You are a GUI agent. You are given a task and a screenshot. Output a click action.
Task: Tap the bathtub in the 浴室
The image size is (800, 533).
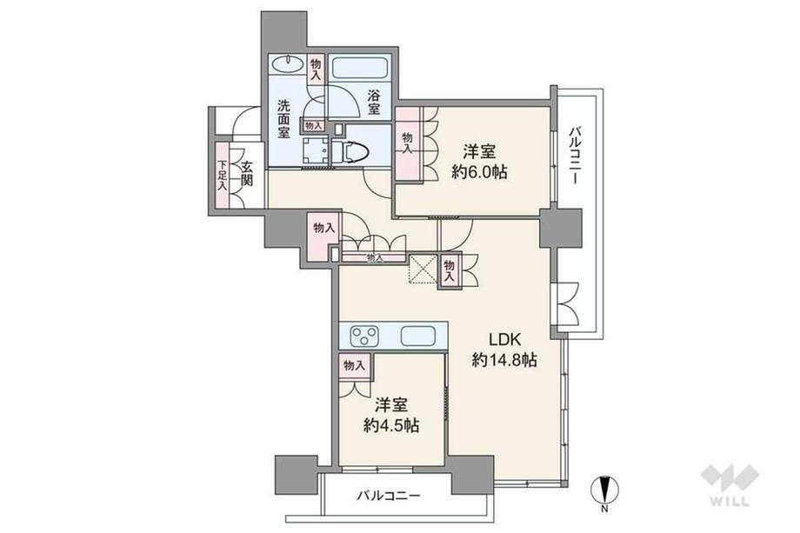tap(360, 67)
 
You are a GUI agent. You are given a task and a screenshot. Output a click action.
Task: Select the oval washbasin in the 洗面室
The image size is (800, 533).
tap(287, 64)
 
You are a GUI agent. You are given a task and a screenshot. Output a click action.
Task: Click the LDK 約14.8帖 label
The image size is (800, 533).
tap(504, 350)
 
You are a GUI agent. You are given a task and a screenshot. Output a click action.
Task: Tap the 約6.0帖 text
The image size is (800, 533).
tap(479, 172)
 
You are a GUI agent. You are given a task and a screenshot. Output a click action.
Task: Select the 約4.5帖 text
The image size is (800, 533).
tap(391, 425)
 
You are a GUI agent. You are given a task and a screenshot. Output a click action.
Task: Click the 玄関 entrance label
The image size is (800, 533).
tap(247, 174)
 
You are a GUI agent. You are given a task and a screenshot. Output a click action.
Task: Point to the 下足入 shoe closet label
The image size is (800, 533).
tap(222, 176)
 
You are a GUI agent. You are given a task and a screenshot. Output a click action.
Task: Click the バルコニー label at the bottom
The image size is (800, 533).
tap(389, 496)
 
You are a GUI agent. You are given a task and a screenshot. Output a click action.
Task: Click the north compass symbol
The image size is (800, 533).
tap(604, 490)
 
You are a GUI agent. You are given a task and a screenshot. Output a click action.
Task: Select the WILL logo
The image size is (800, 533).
tap(730, 484)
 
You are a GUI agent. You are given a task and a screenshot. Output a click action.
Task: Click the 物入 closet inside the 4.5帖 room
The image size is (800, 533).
tap(354, 365)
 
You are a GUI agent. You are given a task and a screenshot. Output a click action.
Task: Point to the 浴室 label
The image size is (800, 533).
tap(374, 102)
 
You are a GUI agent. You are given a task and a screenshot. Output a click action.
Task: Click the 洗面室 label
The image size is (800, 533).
tap(284, 119)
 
